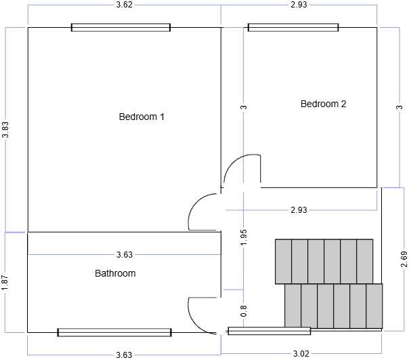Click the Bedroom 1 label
pos(142,117)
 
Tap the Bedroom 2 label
pos(323,104)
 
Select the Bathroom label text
pos(115,273)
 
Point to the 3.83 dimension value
pos(6,130)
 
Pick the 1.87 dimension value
pos(5,282)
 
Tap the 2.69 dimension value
pos(404,260)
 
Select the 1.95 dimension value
pos(244,237)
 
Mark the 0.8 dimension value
pos(244,311)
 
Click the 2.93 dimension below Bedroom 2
pos(299,209)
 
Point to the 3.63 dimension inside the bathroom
pos(124,255)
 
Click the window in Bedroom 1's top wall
pos(121,28)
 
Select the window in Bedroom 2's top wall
pos(293,28)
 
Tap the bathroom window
pos(114,332)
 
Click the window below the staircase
pos(269,331)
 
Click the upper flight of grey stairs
pos(324,261)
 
